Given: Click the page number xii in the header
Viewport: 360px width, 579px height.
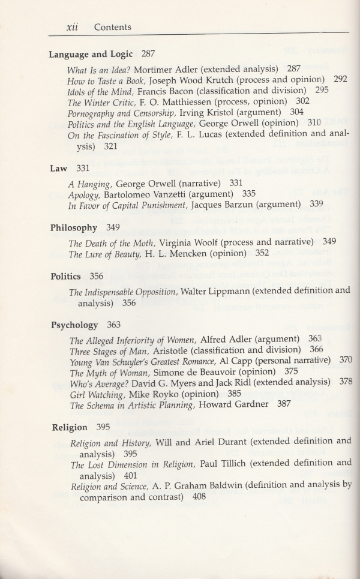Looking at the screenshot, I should click(72, 27).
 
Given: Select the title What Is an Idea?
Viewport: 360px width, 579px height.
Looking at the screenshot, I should click(98, 69).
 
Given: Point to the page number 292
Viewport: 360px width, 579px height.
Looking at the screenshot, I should click(340, 79).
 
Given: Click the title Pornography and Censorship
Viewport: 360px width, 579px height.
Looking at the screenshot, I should click(116, 112).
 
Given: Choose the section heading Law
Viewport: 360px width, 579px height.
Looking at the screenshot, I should click(59, 169).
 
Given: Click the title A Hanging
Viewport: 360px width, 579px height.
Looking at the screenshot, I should click(89, 184).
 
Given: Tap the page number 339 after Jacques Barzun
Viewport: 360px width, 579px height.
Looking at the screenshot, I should click(316, 205).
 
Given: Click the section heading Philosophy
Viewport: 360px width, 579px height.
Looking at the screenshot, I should click(73, 228).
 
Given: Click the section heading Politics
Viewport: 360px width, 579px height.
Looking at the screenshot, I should click(66, 277).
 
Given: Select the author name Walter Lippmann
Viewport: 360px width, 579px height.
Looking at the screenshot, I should click(216, 292).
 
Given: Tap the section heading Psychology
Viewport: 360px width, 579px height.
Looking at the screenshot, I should click(74, 325).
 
